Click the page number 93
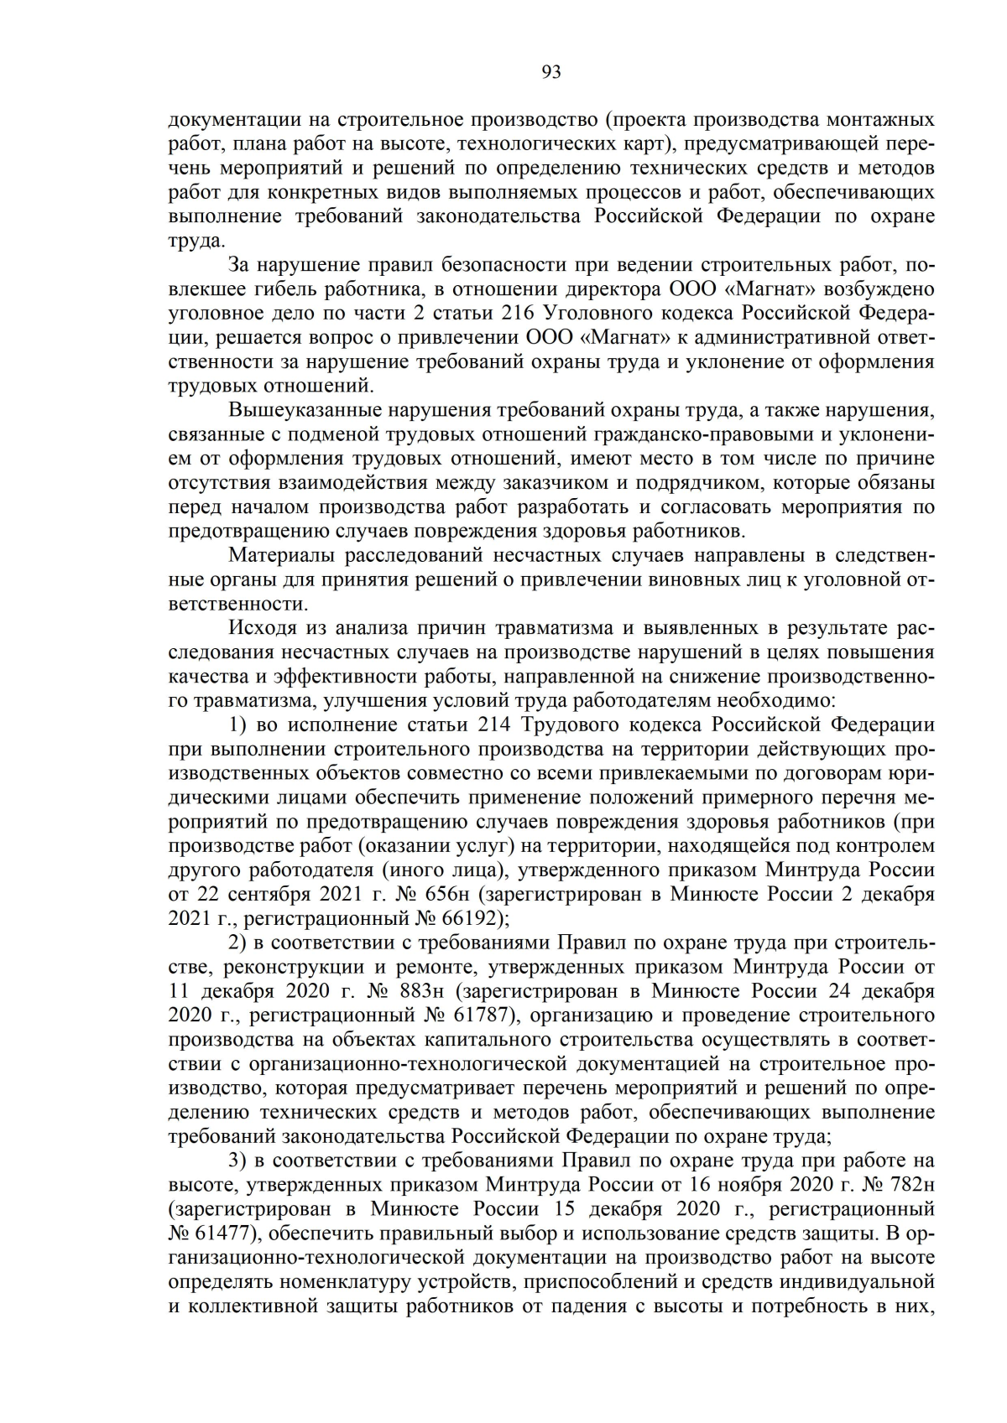[x=551, y=73]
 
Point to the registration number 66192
[x=471, y=919]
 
